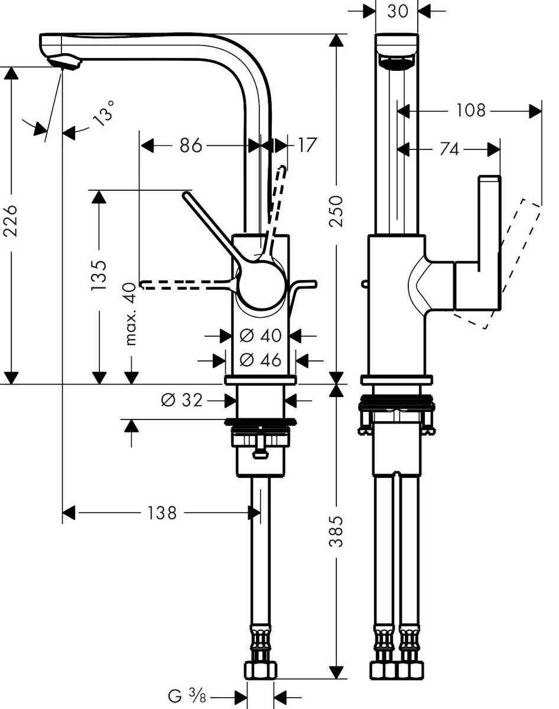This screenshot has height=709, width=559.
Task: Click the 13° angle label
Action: pos(103,113)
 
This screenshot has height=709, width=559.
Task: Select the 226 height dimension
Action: pos(13,220)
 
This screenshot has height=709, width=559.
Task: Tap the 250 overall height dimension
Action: pos(336,211)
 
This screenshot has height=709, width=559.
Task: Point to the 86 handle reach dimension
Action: pos(191,145)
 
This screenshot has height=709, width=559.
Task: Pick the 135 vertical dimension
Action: pos(99,275)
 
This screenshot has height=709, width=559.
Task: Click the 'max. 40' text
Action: pos(131,314)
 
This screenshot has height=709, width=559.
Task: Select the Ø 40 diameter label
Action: pos(260,336)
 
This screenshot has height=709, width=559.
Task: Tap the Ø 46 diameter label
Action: pos(260,359)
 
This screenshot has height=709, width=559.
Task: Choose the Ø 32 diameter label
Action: pos(181,401)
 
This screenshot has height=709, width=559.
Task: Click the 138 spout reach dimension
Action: pos(162,512)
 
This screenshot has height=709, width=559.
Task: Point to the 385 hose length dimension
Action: pos(336,532)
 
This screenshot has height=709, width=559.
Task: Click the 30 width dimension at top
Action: pos(397,11)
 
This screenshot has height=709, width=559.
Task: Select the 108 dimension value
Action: pos(470,110)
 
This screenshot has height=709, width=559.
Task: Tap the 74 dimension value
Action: pos(449,149)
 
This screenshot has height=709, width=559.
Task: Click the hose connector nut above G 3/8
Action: pos(261,670)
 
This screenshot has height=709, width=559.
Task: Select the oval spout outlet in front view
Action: pos(397,63)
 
